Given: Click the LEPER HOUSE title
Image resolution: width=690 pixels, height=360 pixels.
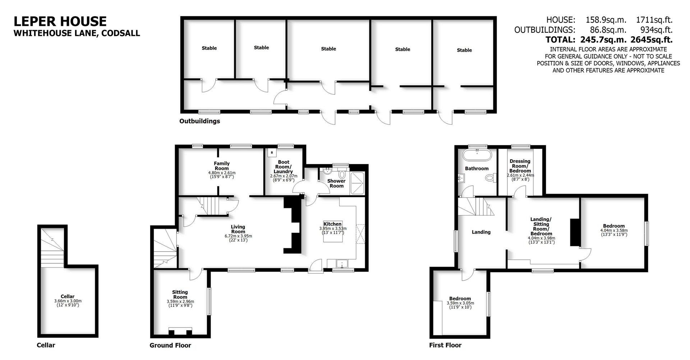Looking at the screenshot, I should coord(60,21).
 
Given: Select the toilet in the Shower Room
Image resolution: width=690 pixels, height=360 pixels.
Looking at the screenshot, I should coord(342,175).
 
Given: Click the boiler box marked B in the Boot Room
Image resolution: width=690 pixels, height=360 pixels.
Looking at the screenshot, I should coord(272,153).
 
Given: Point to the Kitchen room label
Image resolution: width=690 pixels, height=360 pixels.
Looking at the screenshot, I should coord(332,224).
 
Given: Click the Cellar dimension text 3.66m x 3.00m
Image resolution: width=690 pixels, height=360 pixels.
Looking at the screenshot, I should coord(68,301).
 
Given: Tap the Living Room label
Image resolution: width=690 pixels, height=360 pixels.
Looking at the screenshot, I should coord(238,229).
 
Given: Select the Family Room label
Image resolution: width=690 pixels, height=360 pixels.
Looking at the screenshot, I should coord(222,166).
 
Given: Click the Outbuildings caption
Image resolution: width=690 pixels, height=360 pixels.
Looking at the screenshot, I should coord(199,121).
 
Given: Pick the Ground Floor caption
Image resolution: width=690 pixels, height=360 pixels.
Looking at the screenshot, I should coord(170,345).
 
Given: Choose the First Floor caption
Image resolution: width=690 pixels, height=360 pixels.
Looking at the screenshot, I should coord(445,345).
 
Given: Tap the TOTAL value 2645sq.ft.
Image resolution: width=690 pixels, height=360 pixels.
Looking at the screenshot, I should coord(651,40).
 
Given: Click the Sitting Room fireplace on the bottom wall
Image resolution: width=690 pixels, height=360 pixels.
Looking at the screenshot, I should coord(180,331).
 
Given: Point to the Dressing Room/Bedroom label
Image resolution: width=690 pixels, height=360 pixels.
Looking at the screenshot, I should coord(520,166).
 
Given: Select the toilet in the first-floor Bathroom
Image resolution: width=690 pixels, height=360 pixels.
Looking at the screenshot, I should coord(490,177).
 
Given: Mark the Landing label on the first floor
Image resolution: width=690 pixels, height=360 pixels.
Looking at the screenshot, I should coord(481,232).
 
